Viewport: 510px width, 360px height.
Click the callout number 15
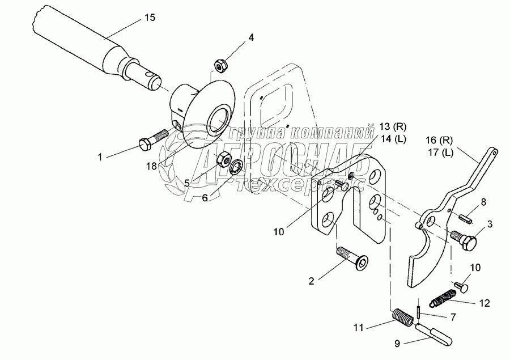pos(150,18)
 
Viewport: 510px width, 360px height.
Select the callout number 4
pos(251,37)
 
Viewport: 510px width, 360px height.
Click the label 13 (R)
pos(392,126)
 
